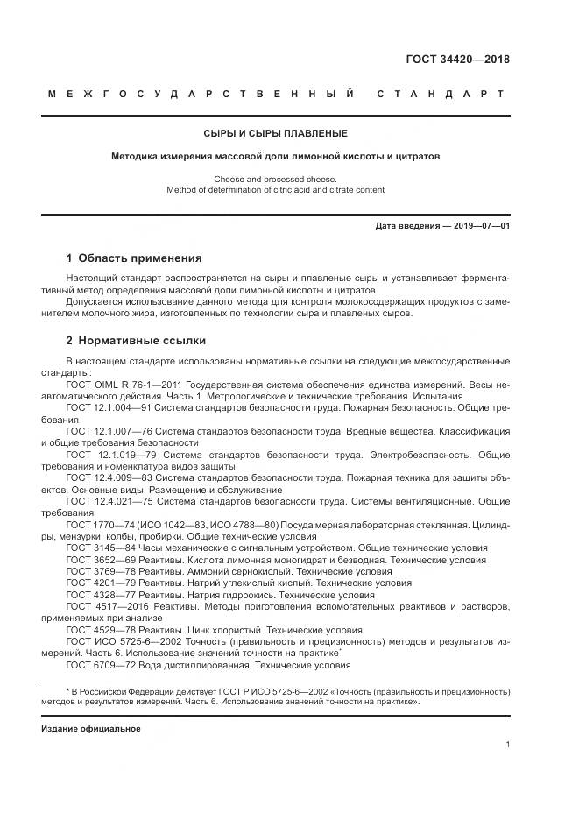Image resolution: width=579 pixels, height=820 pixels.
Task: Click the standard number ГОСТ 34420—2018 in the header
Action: [x=457, y=60]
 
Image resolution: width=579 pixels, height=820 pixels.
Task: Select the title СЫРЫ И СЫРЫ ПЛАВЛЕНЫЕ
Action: [x=288, y=134]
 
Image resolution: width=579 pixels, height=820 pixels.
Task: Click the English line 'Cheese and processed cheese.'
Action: [x=288, y=178]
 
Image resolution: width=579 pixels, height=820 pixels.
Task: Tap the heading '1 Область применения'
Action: [x=134, y=258]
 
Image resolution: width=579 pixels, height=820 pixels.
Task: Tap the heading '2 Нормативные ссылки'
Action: [x=136, y=341]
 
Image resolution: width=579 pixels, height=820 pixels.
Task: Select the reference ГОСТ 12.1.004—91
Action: [x=107, y=408]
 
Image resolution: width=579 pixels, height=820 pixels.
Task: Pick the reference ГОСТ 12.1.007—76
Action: [x=107, y=432]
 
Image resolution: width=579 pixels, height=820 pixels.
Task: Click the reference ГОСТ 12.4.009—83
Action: [x=107, y=478]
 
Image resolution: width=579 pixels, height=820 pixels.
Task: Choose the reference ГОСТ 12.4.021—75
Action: [x=107, y=501]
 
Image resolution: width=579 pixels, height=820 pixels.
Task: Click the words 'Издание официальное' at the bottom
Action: [x=91, y=729]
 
